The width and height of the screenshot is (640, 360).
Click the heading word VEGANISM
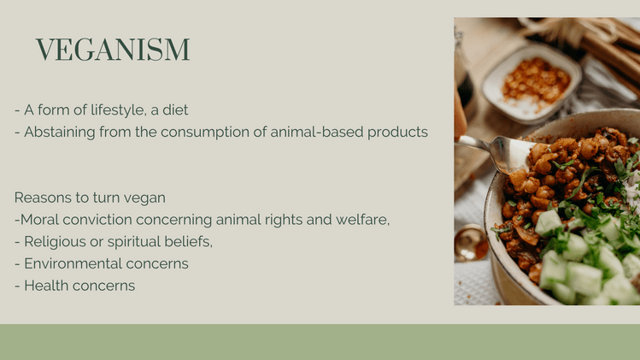tap(112, 50)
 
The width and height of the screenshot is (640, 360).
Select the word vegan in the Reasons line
tap(145, 198)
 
